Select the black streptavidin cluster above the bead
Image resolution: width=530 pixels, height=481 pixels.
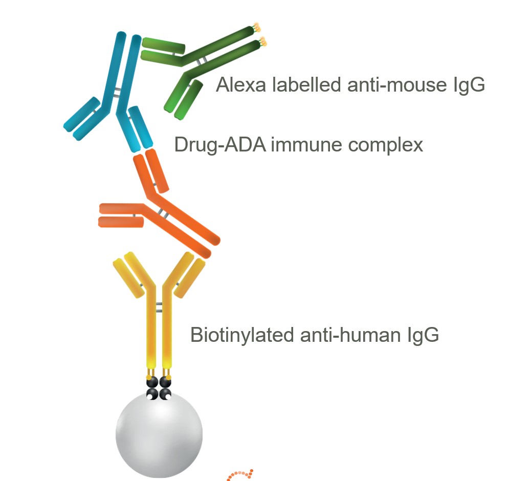pos(159,387)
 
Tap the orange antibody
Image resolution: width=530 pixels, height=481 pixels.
pos(164,205)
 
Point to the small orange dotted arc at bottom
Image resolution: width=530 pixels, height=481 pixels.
pos(240,474)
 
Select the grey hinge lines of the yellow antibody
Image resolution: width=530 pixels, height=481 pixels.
pos(159,307)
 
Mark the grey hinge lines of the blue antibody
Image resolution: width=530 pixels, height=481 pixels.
pos(117,92)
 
